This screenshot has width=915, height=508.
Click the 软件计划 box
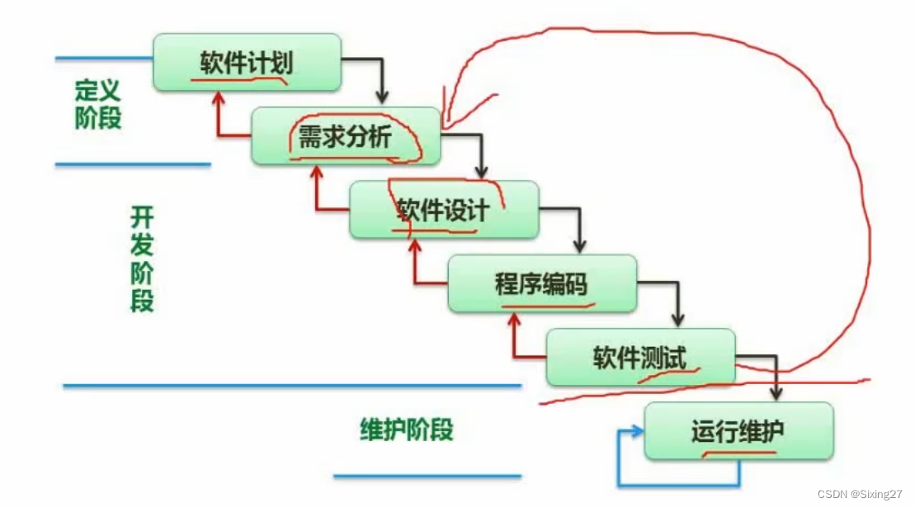247,62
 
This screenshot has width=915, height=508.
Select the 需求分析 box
346,135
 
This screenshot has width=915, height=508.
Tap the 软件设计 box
444,209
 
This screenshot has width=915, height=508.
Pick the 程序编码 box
542,283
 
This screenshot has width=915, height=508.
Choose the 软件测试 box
640,357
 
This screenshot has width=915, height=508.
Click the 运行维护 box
738,430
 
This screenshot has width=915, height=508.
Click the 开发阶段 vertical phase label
142,258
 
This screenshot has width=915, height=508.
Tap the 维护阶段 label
408,430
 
